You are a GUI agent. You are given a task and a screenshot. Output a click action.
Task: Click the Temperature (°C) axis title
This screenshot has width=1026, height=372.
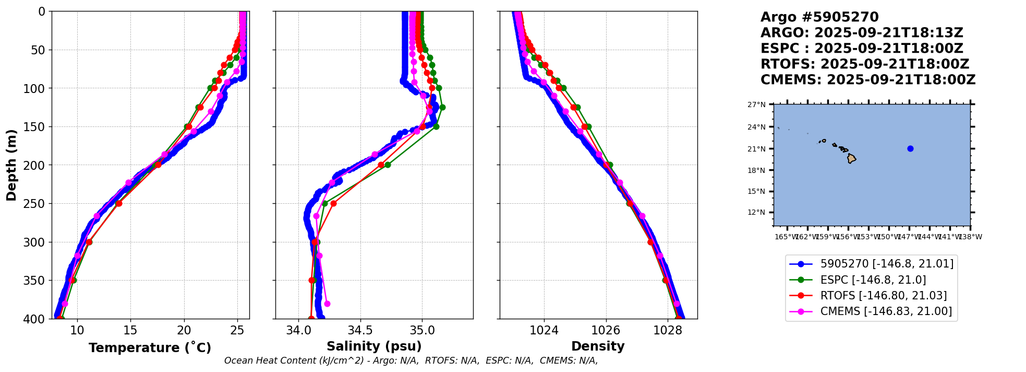150,347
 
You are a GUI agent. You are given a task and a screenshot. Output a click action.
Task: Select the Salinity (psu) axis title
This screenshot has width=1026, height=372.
374,346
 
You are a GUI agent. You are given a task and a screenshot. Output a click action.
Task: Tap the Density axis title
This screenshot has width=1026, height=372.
598,346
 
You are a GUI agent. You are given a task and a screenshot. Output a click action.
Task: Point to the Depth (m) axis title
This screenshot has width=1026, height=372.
11,165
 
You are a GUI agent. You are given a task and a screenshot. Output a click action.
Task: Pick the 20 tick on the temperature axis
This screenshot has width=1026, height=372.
184,330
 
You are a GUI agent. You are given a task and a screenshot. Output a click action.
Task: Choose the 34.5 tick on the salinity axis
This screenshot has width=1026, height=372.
360,330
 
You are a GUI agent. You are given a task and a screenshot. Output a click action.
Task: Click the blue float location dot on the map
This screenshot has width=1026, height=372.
910,148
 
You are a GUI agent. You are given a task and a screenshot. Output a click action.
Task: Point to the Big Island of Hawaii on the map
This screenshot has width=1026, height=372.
851,158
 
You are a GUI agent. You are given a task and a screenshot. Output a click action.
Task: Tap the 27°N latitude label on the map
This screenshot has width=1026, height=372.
757,104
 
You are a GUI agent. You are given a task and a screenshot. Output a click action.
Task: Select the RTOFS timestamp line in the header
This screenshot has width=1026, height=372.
864,64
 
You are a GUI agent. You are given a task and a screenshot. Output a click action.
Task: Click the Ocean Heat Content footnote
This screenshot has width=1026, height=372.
411,361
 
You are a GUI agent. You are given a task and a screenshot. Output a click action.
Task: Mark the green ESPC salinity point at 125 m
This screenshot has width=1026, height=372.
442,107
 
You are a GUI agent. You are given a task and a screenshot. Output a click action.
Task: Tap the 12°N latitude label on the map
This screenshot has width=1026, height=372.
757,212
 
